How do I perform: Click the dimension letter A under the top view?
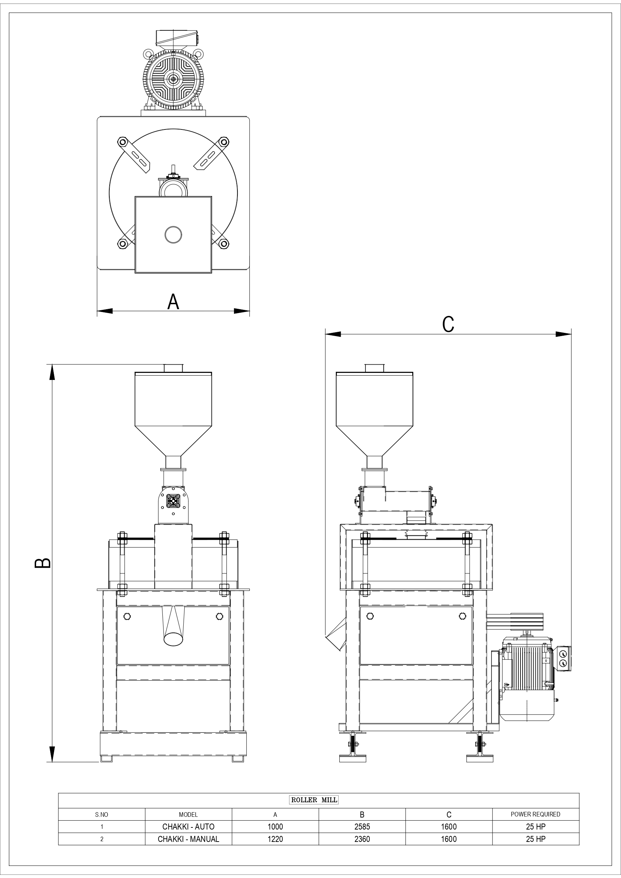pos(173,302)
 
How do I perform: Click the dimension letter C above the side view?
pos(448,324)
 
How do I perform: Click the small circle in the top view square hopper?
pos(173,235)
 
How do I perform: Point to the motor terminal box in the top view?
pos(177,38)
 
